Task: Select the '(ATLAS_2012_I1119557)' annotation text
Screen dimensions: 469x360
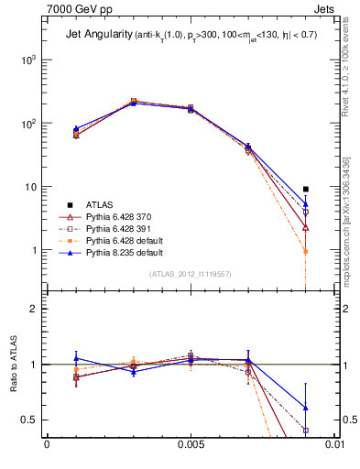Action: point(191,273)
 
